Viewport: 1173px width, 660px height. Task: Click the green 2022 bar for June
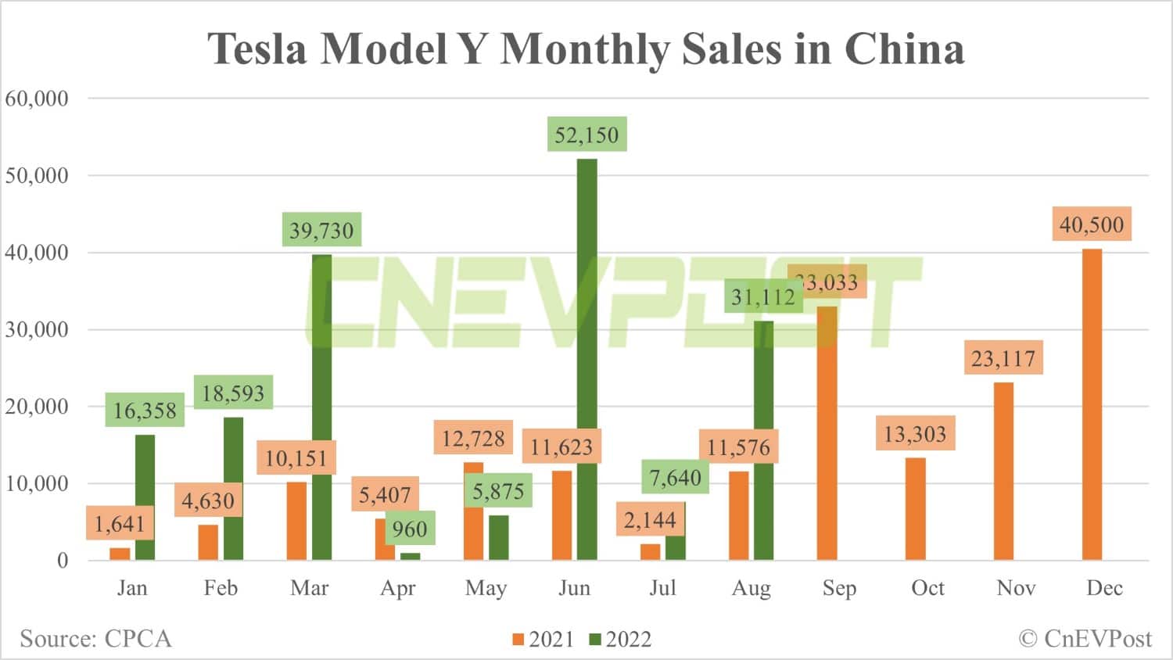click(586, 360)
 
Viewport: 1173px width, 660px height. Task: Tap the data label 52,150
click(586, 135)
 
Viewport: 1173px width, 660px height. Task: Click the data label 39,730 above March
click(321, 230)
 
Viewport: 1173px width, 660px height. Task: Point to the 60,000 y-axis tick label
click(37, 99)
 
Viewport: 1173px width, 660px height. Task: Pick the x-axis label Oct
click(927, 588)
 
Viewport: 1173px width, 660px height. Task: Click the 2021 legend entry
click(543, 639)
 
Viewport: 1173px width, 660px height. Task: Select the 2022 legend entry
click(620, 639)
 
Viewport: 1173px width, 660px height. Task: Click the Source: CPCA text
click(95, 638)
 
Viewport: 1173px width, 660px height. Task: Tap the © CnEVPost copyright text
click(1085, 638)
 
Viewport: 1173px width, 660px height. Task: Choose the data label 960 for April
click(410, 529)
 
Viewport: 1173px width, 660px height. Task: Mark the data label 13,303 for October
click(915, 434)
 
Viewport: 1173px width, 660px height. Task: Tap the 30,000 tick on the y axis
click(37, 329)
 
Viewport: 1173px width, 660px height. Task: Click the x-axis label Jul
click(662, 588)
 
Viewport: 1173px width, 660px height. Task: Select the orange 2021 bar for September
click(827, 433)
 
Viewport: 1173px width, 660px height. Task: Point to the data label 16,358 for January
click(145, 410)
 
